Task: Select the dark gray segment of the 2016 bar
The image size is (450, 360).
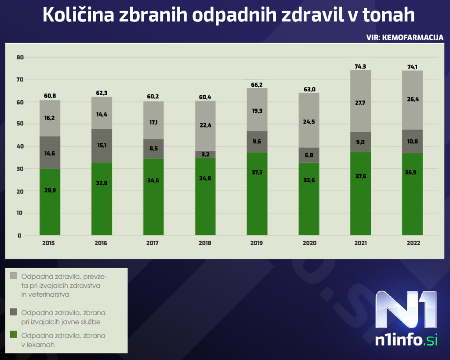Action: click(x=102, y=145)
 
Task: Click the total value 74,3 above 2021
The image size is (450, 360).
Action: click(x=360, y=66)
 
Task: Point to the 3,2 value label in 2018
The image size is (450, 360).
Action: click(x=205, y=154)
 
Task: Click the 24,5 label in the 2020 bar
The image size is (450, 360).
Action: click(x=309, y=121)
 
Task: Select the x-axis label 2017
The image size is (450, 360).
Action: click(x=153, y=243)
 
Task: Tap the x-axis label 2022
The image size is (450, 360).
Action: click(x=413, y=243)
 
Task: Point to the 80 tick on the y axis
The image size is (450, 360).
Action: click(x=19, y=58)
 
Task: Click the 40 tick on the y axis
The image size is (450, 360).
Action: click(x=19, y=146)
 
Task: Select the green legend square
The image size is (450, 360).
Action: click(x=13, y=335)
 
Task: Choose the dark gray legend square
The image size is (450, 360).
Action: click(x=13, y=312)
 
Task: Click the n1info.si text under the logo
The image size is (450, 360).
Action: click(x=406, y=341)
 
